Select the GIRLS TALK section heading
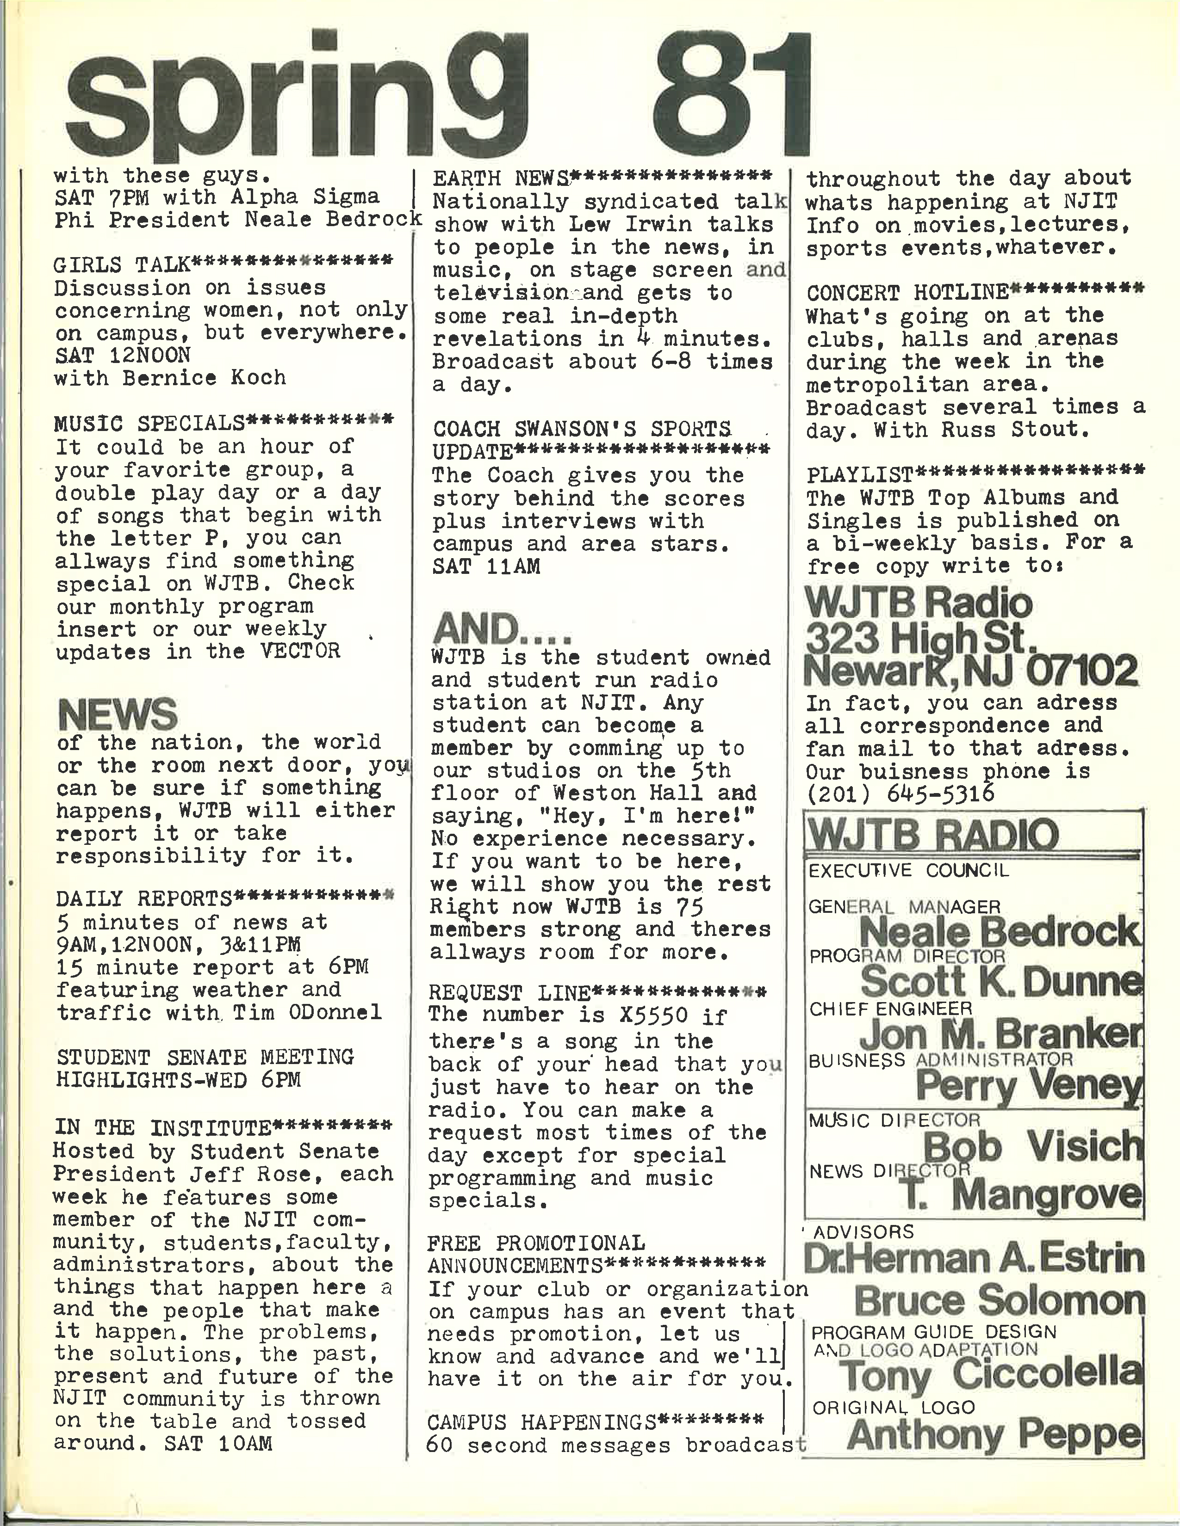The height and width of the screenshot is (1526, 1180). click(x=122, y=265)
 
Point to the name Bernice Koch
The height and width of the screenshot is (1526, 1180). click(x=204, y=378)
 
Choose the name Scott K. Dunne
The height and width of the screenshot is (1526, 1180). click(x=1000, y=982)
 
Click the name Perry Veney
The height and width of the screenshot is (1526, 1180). click(x=1028, y=1085)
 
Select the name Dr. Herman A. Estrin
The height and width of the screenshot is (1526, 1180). click(x=974, y=1258)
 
